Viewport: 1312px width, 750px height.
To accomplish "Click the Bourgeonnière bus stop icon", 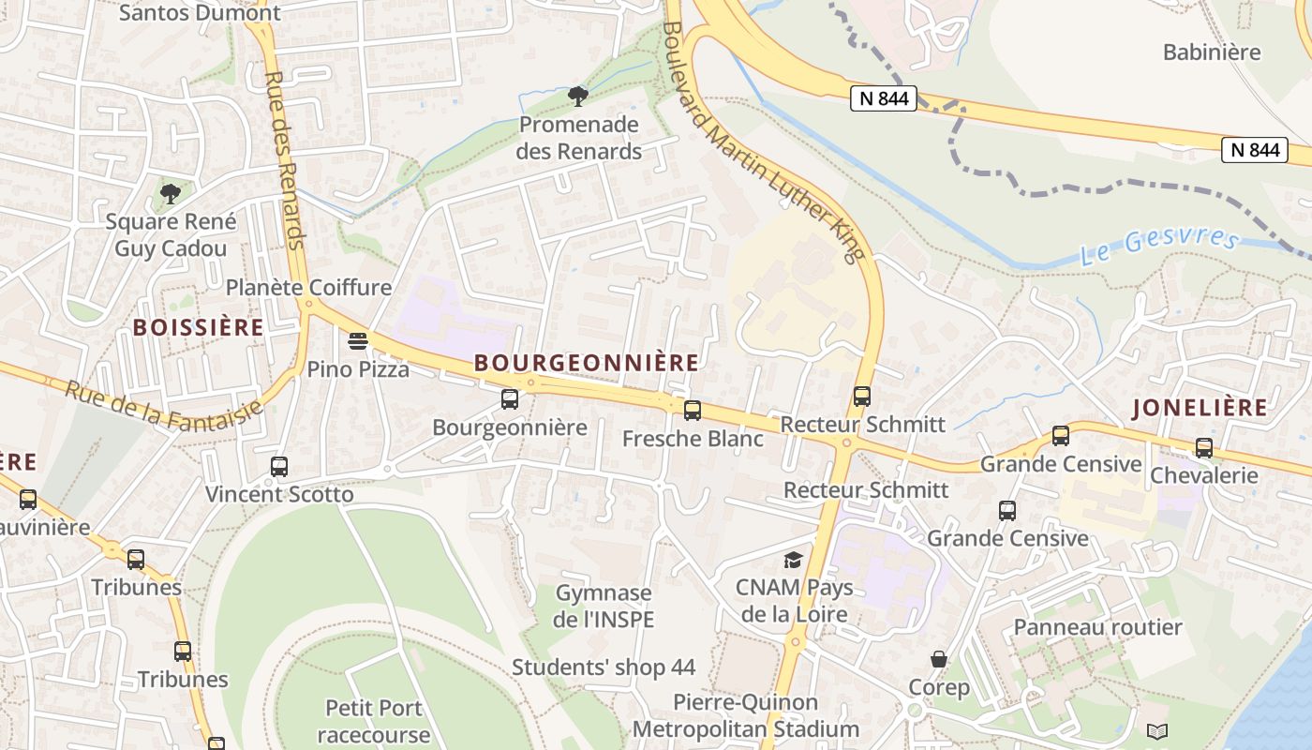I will [x=510, y=399].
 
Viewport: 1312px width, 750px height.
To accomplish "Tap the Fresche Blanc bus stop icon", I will [x=693, y=410].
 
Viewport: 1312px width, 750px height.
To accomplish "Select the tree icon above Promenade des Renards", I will [x=578, y=96].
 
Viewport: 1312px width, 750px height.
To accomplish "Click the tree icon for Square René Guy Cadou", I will [x=170, y=194].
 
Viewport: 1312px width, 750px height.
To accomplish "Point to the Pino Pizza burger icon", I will [x=358, y=340].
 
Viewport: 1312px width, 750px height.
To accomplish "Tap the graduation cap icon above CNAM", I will [x=794, y=560].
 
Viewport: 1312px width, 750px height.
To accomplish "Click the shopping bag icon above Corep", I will [x=939, y=659].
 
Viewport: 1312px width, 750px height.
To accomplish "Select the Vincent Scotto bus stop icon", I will [x=279, y=466].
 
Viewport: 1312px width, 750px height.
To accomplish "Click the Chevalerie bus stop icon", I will [x=1203, y=447].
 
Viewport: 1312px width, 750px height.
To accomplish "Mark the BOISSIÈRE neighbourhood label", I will [x=198, y=327].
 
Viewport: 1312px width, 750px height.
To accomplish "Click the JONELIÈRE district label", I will [x=1200, y=408].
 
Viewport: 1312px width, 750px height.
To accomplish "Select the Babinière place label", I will [x=1212, y=52].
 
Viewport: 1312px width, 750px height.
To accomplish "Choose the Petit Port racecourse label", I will [x=373, y=720].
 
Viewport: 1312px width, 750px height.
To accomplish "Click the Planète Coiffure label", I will [x=308, y=287].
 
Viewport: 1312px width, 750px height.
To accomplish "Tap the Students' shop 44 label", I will [x=604, y=667].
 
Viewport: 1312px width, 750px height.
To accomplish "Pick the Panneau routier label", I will [x=1097, y=626].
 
